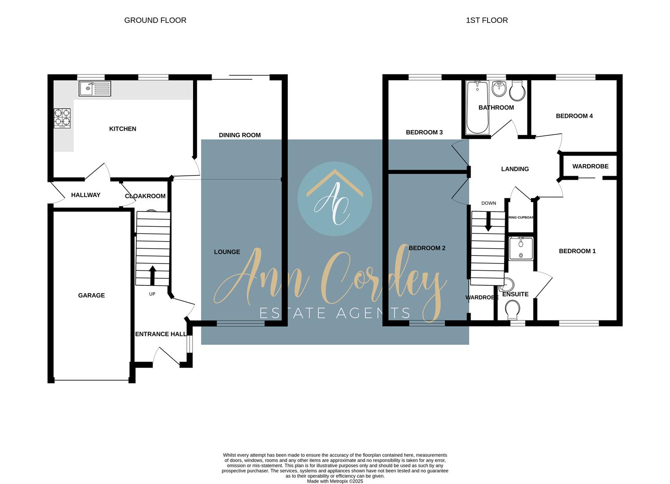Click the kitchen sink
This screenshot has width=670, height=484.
click(x=95, y=89)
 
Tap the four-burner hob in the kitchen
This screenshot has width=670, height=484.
click(x=62, y=118)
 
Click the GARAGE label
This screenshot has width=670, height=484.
click(x=91, y=295)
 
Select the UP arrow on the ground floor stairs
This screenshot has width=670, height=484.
click(x=152, y=276)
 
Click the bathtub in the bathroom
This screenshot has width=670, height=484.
click(x=477, y=108)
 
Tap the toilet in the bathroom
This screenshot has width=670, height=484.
click(x=517, y=91)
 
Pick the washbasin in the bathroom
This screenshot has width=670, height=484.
click(x=499, y=89)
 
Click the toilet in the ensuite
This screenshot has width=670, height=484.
click(x=512, y=309)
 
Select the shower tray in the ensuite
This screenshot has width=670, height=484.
click(x=521, y=248)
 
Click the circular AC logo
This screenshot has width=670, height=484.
click(x=335, y=199)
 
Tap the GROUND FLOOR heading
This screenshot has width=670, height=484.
click(x=155, y=20)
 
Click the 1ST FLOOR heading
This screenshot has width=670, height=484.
click(x=487, y=20)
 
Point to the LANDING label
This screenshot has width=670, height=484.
click(x=515, y=169)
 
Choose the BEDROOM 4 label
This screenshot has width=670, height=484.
click(x=574, y=116)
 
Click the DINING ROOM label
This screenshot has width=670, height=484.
click(x=240, y=135)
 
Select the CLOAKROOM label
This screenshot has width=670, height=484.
click(x=145, y=196)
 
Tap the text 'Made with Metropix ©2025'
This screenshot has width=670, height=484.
click(x=335, y=481)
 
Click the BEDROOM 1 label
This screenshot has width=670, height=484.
click(x=577, y=251)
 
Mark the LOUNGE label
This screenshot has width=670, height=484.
click(x=227, y=252)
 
